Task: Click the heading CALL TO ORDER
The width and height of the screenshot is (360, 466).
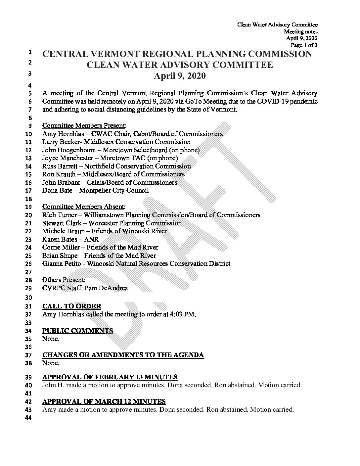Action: coord(72,306)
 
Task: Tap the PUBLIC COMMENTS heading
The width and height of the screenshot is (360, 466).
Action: coord(78,331)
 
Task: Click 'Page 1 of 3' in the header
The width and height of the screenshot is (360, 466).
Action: coord(304,45)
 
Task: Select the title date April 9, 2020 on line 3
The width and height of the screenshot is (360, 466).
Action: coord(180,76)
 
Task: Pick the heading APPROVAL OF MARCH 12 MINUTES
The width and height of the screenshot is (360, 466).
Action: coord(104,402)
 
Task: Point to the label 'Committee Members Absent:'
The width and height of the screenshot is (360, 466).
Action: coord(84,207)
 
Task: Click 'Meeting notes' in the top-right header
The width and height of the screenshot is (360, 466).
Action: coord(301,31)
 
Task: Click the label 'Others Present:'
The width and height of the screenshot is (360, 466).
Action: coord(64,280)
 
